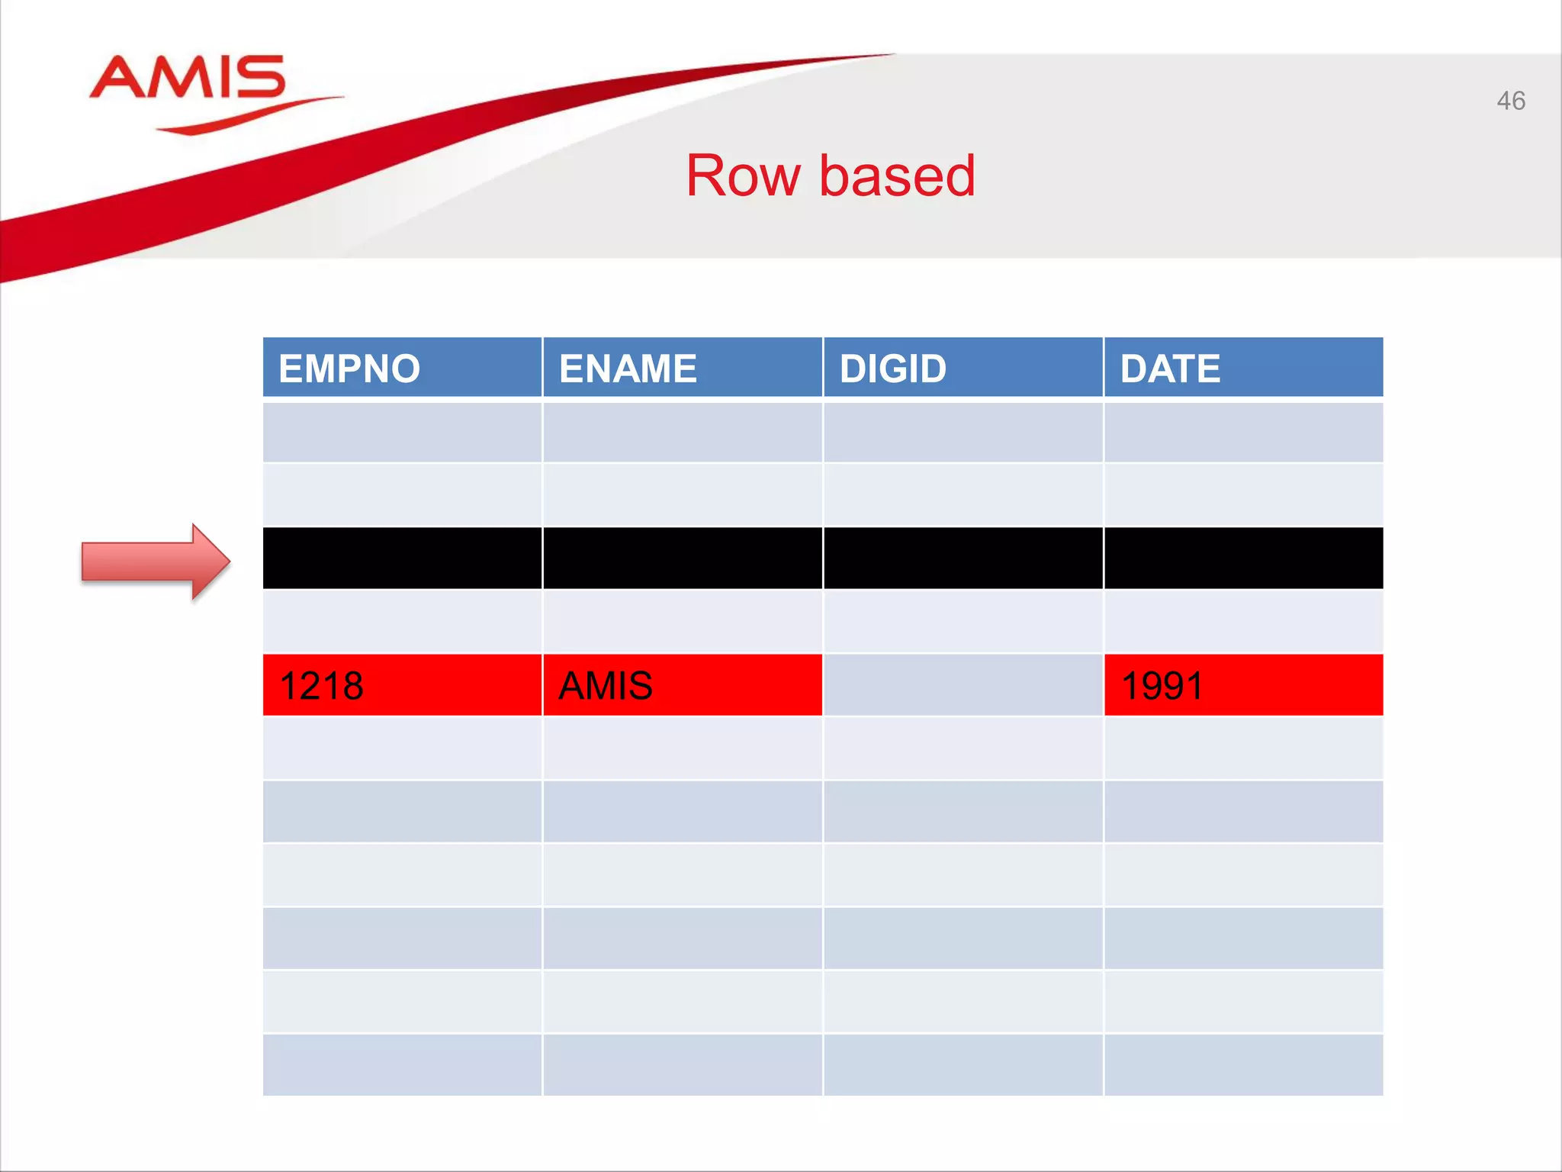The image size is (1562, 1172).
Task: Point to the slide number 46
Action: pos(1510,101)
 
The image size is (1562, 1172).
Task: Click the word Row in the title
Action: pos(743,176)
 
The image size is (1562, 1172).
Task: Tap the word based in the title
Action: pos(897,176)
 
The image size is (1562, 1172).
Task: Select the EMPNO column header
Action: pos(402,368)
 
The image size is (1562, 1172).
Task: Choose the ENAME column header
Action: pos(683,368)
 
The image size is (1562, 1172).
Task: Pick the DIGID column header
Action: pos(963,368)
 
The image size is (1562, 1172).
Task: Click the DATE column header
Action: pos(1243,368)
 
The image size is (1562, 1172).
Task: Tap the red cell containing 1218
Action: pos(402,685)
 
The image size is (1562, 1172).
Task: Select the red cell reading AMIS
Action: pos(683,685)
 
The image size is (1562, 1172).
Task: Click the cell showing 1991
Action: pos(1243,685)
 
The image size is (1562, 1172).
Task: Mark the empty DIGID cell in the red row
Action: pos(963,685)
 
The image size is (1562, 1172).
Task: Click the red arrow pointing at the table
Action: pos(156,562)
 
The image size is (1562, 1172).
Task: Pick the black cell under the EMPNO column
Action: pos(402,558)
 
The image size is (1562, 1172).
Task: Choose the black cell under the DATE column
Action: pos(1243,558)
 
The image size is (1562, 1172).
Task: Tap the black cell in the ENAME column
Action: pos(683,558)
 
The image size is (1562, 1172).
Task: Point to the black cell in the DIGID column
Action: pos(963,558)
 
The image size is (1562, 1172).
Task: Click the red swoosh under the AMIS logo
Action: pos(244,116)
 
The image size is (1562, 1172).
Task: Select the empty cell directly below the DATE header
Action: pos(1243,432)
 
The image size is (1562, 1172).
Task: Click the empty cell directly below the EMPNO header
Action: pos(402,432)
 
